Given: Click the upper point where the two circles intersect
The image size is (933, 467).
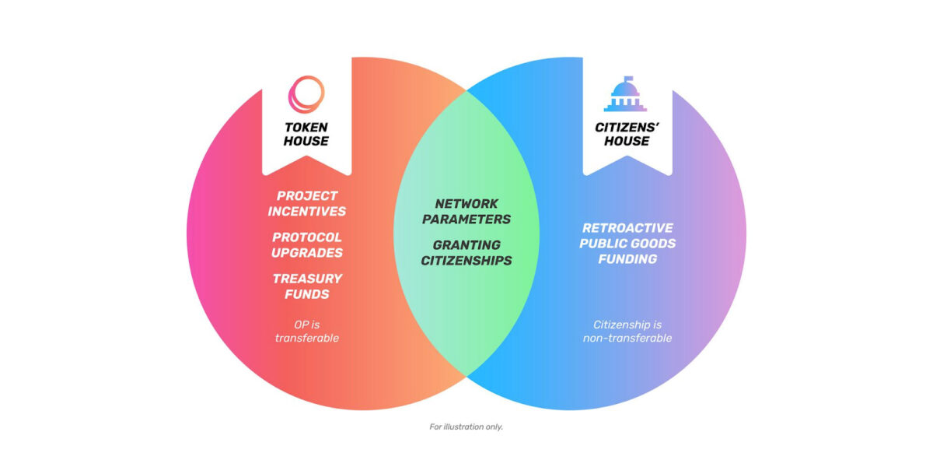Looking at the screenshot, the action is (x=466, y=90).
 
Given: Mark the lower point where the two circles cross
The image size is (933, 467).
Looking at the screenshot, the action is (x=466, y=377).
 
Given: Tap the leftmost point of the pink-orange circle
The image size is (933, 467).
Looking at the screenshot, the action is (x=187, y=233).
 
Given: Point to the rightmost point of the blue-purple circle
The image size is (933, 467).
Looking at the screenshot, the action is (x=746, y=233).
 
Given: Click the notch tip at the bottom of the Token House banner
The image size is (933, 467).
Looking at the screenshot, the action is (x=307, y=156).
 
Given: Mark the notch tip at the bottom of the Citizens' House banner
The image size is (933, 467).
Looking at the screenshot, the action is (x=627, y=156).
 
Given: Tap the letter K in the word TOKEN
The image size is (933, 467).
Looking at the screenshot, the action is (x=306, y=127).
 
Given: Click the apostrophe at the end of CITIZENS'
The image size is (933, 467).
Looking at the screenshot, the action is (x=657, y=125).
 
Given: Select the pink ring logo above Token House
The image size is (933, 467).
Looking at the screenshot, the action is (x=306, y=94).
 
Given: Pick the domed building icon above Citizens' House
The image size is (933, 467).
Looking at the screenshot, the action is (x=625, y=94).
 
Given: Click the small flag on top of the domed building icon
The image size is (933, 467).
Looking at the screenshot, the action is (x=628, y=79).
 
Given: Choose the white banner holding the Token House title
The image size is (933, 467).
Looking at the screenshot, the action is (x=307, y=116).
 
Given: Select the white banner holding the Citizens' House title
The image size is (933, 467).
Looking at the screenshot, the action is (x=627, y=116).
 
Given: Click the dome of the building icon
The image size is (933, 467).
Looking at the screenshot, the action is (x=625, y=89).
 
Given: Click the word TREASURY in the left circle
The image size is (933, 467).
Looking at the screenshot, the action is (x=307, y=279).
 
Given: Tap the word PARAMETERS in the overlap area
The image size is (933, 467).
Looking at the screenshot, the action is (x=466, y=219).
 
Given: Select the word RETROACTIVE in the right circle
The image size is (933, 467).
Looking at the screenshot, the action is (x=627, y=228).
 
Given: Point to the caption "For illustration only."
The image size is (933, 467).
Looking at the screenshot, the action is (x=466, y=427).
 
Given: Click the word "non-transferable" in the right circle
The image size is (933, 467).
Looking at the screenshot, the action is (x=627, y=338).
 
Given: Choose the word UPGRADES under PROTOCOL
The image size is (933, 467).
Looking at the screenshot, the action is (x=307, y=253).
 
